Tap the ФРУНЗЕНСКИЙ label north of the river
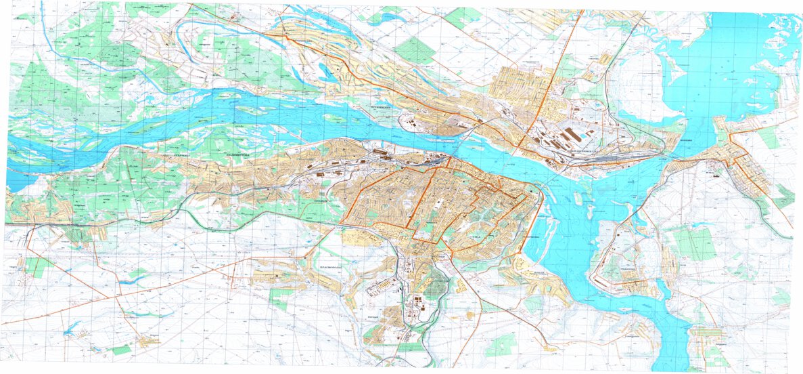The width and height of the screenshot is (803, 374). [378, 108]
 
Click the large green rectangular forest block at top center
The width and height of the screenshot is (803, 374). [414, 51]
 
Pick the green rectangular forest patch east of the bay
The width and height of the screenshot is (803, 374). [693, 244]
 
